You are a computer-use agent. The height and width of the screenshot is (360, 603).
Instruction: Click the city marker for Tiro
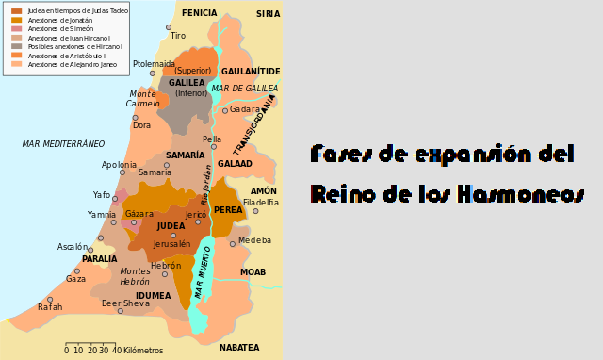click(169, 27)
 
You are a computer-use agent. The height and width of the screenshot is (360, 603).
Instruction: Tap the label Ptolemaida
click(153, 64)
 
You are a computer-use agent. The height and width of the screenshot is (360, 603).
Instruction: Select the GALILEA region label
click(187, 83)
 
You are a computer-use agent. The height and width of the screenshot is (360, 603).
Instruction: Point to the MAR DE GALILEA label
click(244, 89)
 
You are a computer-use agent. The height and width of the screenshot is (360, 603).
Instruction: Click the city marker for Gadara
click(224, 110)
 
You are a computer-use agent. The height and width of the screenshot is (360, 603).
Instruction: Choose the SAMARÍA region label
click(185, 155)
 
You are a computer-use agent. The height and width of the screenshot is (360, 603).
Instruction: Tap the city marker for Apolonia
click(122, 172)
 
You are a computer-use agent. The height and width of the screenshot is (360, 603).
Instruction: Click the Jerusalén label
click(171, 244)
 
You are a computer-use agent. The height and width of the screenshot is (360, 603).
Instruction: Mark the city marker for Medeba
click(233, 244)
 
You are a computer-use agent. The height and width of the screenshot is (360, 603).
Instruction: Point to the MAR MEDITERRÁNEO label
click(63, 144)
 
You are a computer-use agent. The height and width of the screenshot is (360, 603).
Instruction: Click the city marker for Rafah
click(50, 300)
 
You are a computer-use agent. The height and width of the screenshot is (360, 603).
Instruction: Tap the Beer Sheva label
click(125, 303)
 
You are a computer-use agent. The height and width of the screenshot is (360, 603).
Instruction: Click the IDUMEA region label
click(153, 296)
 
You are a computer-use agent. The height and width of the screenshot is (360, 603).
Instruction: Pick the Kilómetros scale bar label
click(143, 351)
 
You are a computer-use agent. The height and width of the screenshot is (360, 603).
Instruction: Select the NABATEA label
click(239, 348)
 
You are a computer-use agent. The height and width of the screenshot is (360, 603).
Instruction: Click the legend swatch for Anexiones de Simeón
click(16, 29)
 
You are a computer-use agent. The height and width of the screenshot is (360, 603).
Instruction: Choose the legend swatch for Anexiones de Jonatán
click(16, 20)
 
